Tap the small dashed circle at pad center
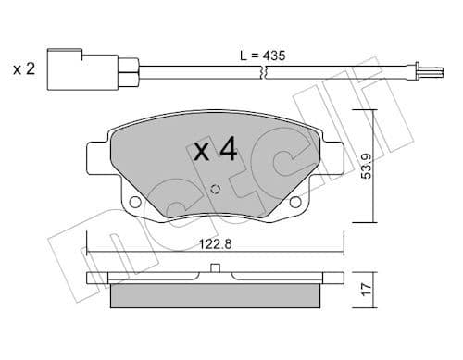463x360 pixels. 215,189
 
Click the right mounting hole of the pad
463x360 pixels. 295,202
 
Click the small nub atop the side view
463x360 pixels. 215,269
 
